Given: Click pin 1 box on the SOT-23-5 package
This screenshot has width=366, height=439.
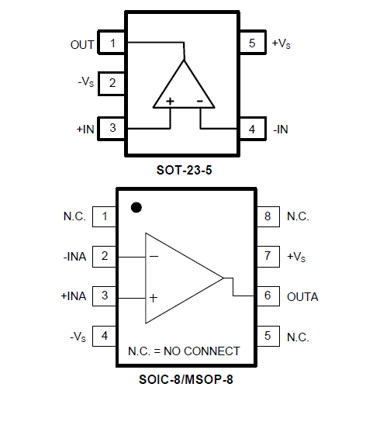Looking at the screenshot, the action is click(112, 43).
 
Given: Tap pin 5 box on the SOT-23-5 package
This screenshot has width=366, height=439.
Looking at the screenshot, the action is click(253, 43).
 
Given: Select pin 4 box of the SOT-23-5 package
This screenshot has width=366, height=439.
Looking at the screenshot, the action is click(253, 129).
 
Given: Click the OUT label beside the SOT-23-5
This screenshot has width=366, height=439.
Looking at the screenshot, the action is click(82, 45).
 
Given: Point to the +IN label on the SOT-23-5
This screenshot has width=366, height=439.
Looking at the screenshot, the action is click(85, 129).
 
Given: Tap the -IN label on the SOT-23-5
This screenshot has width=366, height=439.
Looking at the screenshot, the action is click(281, 130).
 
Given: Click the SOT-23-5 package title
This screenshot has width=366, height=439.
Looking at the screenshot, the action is click(184, 170).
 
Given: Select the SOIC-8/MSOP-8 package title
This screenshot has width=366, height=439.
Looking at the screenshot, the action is click(186, 379).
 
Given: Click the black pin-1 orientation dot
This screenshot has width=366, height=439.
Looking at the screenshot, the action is click(136, 207).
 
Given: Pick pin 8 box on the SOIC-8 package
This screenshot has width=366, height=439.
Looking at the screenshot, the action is click(268, 216).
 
